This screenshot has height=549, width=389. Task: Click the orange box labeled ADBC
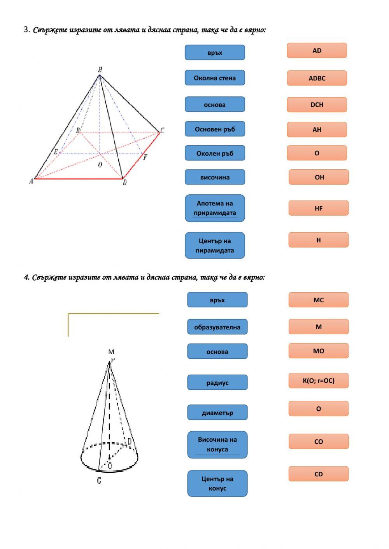click(317, 78)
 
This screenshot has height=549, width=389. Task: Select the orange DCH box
click(317, 105)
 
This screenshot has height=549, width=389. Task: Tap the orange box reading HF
click(318, 208)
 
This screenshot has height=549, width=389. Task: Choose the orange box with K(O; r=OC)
click(318, 381)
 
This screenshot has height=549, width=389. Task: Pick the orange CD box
click(318, 474)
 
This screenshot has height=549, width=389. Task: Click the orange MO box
click(318, 351)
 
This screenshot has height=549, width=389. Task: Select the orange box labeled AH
click(317, 129)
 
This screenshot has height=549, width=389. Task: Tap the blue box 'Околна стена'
click(215, 78)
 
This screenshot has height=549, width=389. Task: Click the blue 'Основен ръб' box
click(215, 129)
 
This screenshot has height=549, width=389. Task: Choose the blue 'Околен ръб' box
click(215, 153)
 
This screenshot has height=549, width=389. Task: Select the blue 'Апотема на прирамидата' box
click(215, 208)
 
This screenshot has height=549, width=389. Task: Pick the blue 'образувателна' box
click(217, 327)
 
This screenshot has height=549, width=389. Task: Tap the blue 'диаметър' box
click(217, 413)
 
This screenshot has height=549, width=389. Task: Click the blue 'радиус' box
click(217, 383)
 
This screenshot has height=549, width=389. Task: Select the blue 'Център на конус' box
click(217, 484)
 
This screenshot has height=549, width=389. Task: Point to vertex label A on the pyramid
click(31, 181)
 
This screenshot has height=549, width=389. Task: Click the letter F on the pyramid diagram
click(145, 157)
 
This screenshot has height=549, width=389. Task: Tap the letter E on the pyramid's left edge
click(56, 152)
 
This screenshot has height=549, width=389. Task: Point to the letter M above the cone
click(111, 352)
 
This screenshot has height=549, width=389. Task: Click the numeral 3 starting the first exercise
click(26, 30)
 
